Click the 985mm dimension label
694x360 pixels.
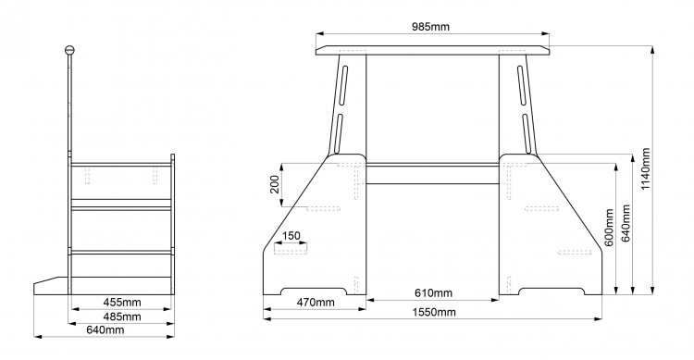(430, 27)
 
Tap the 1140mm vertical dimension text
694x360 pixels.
(645, 168)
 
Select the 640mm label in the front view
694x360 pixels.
(626, 223)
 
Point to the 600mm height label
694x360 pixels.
(609, 228)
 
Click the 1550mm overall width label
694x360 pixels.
(434, 312)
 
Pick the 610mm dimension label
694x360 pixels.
(433, 292)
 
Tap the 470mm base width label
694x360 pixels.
(316, 303)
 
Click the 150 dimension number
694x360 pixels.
(291, 236)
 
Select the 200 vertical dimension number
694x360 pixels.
(275, 184)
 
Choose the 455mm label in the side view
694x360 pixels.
(122, 302)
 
